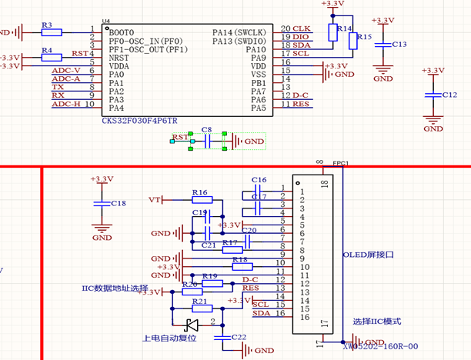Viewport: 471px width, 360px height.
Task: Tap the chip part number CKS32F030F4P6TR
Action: tap(139, 121)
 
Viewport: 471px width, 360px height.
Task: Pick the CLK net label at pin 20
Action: tap(302, 28)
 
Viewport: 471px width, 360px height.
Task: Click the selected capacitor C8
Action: tap(205, 142)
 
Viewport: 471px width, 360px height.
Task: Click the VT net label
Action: tap(155, 200)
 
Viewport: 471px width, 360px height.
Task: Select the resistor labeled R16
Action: tap(200, 200)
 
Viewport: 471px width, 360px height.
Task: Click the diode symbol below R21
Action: tap(192, 324)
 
